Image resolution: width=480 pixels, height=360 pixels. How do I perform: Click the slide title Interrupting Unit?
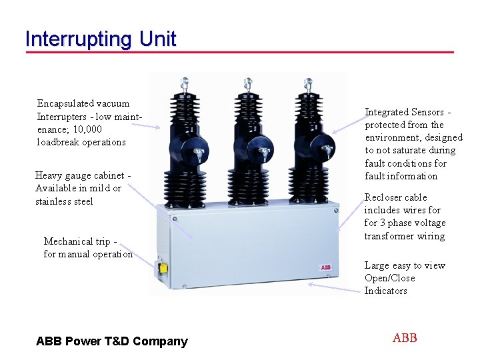tap(100, 39)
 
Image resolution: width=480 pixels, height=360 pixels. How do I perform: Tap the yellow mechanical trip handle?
tap(161, 268)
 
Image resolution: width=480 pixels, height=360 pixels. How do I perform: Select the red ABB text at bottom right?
tap(405, 338)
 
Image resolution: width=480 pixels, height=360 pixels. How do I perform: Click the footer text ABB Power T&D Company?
tap(112, 341)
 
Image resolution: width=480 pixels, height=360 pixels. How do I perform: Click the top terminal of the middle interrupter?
tap(247, 83)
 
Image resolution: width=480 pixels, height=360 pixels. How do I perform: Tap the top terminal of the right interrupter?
tap(309, 83)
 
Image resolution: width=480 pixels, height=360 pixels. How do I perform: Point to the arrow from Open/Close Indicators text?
tap(333, 287)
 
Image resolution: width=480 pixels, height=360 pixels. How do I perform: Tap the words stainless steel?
tap(64, 201)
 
